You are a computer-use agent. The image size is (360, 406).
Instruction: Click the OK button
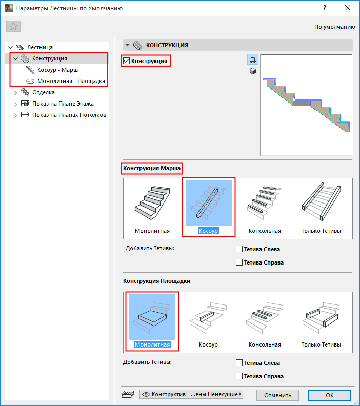[x=329, y=395]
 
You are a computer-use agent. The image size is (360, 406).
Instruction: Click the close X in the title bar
[x=348, y=8]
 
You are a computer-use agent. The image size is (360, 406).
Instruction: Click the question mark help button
[x=325, y=8]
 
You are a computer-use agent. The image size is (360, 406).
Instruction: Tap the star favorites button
[x=13, y=26]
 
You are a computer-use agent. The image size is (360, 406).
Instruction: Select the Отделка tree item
[x=43, y=92]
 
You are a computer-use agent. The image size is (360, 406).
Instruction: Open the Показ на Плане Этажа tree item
[x=63, y=104]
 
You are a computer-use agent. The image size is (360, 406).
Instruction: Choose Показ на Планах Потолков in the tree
[x=69, y=115]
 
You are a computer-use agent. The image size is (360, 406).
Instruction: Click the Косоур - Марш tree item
[x=57, y=70]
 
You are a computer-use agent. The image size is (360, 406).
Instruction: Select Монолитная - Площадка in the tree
[x=71, y=81]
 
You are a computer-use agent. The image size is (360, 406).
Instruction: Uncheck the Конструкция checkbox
[x=126, y=61]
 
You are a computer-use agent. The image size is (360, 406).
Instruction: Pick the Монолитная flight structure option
[x=152, y=209]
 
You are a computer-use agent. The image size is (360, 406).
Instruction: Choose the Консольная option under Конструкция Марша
[x=265, y=209]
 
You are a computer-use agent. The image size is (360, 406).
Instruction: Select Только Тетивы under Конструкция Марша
[x=321, y=209]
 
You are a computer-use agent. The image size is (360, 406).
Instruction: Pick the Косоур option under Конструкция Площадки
[x=209, y=322]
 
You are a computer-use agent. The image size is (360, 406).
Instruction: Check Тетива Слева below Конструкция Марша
[x=239, y=249]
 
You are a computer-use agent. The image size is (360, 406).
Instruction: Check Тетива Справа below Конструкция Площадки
[x=239, y=376]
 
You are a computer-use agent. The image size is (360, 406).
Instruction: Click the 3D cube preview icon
[x=253, y=71]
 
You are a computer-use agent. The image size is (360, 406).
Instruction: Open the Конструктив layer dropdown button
[x=191, y=394]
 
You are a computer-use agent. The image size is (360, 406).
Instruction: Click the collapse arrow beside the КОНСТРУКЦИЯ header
[x=127, y=45]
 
